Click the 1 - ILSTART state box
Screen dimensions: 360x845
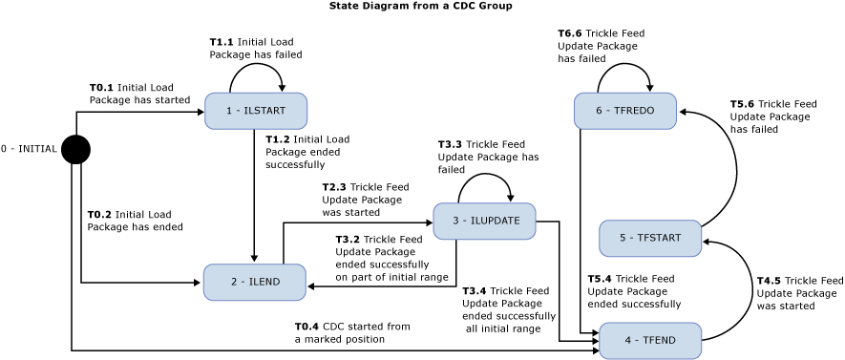click(x=255, y=111)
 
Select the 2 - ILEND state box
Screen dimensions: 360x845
click(x=254, y=282)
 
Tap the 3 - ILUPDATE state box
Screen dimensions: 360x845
click(x=484, y=221)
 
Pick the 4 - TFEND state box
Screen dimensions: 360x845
click(x=650, y=340)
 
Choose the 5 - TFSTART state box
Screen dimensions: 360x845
click(x=650, y=238)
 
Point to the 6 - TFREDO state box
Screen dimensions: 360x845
click(x=624, y=111)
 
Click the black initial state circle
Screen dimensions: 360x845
click(x=75, y=150)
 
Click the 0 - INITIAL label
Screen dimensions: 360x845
click(x=29, y=149)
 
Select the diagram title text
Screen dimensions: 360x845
click(x=420, y=6)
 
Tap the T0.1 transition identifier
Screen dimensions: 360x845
click(x=101, y=87)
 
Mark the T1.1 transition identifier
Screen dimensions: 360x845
click(x=222, y=42)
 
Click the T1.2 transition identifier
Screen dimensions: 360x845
click(x=277, y=139)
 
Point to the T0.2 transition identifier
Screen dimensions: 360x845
click(x=99, y=215)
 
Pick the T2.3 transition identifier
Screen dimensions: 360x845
click(x=334, y=187)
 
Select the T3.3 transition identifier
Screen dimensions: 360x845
click(x=450, y=144)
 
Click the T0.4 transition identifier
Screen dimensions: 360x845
click(x=306, y=327)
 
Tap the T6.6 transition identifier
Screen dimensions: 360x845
click(x=569, y=33)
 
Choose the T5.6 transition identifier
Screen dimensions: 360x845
click(x=742, y=104)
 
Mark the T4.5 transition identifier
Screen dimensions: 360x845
click(x=769, y=281)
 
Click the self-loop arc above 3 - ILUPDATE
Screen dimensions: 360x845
click(x=485, y=175)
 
